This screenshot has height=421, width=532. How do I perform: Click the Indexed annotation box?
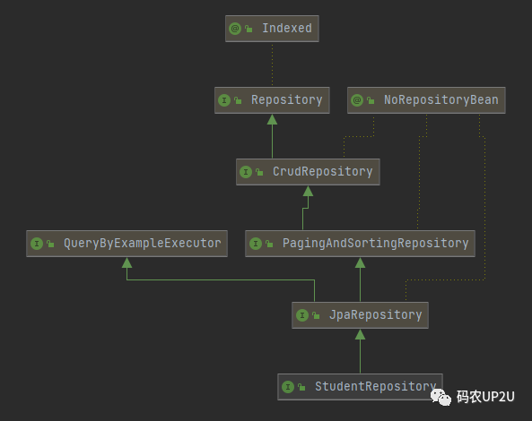[272, 29]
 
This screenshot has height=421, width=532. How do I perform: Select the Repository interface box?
[272, 100]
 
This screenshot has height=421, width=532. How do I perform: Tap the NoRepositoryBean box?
[426, 100]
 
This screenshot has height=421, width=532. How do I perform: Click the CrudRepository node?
[308, 172]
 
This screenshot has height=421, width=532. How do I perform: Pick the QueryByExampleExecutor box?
[126, 244]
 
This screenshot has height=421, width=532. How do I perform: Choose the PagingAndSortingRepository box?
[360, 244]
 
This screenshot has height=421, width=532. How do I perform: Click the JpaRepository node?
[360, 315]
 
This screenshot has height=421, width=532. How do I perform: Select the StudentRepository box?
[360, 387]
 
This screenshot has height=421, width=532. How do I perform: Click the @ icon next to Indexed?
[235, 29]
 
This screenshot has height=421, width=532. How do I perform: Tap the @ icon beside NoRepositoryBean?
[357, 100]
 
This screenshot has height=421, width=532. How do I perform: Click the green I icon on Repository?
[224, 100]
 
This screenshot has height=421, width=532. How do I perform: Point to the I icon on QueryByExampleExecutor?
[36, 244]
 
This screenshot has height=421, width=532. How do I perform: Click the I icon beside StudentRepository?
[288, 387]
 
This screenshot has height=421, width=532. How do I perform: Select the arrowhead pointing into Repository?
[272, 119]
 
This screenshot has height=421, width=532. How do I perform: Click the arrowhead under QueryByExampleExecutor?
[126, 262]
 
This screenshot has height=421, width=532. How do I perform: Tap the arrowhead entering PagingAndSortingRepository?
[360, 262]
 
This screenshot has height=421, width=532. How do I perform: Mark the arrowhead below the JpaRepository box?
[360, 334]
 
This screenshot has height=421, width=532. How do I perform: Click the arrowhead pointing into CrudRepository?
[308, 191]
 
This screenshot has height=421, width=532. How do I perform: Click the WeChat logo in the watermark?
[440, 397]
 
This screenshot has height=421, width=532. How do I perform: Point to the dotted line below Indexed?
[272, 64]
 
